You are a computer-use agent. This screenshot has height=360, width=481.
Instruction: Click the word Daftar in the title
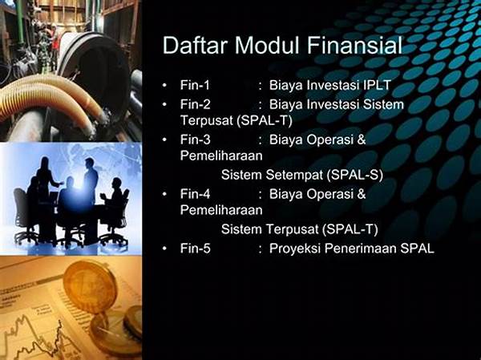[195, 46]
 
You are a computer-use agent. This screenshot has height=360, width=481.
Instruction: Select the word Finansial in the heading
[354, 46]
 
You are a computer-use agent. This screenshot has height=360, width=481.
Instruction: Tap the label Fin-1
[195, 85]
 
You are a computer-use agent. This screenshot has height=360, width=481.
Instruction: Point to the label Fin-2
[195, 104]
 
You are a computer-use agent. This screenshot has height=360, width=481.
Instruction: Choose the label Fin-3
[195, 140]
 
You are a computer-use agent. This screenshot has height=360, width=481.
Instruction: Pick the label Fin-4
[195, 194]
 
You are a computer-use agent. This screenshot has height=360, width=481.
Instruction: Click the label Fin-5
[195, 249]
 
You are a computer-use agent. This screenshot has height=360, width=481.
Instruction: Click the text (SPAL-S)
[355, 176]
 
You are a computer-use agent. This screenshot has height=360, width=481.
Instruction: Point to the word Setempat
[294, 176]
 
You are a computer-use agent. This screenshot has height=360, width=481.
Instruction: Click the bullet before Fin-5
[164, 249]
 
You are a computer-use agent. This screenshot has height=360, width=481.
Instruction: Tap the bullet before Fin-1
[164, 85]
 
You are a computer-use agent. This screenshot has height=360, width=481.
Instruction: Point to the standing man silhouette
[90, 184]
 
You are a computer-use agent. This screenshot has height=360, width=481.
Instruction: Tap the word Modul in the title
[267, 46]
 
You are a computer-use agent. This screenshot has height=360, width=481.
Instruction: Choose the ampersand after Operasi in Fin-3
[362, 140]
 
